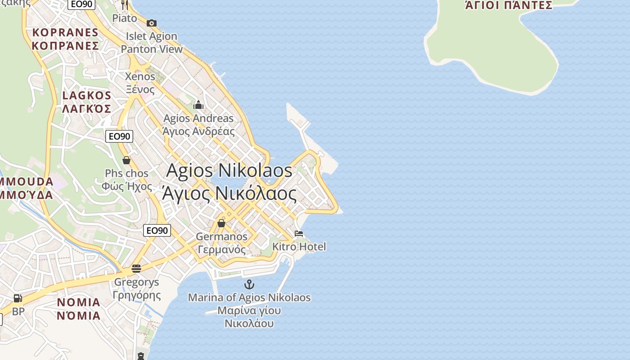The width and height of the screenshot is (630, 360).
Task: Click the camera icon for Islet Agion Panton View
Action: pos(152,23)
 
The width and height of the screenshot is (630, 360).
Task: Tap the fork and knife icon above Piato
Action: pos(125,5)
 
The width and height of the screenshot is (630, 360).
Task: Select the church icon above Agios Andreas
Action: pos(198,105)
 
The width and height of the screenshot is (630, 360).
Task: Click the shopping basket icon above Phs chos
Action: pos(126,160)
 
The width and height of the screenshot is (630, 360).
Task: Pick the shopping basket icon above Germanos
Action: pos(221,223)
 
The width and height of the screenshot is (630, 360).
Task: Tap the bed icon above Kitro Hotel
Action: pos(299,234)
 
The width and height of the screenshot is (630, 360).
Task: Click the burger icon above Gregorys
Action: pos(136,269)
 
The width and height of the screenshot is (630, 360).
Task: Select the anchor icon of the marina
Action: pos(249,284)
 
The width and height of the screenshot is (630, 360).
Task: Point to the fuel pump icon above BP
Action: pos(18,298)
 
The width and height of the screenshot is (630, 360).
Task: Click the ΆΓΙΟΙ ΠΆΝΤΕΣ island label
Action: pos(508,5)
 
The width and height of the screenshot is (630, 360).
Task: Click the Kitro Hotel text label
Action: pos(299,247)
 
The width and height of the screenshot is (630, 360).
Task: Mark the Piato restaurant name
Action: pos(125,18)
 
